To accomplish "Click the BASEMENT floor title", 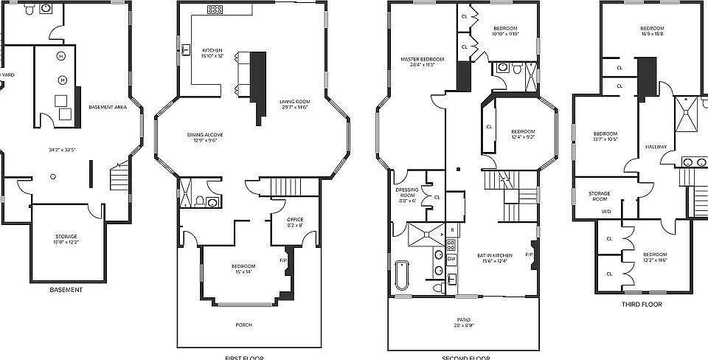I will coord(66,290).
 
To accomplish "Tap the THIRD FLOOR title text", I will coord(641,304).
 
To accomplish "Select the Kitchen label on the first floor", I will coord(212,51).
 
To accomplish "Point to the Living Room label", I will coord(294,102).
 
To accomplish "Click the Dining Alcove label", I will coord(205,134).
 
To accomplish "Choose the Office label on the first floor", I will coord(294,219).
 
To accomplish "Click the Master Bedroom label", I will coord(423,59).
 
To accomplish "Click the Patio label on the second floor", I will coord(463,319).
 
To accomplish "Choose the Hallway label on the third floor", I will coord(656,147).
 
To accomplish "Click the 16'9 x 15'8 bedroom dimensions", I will coord(651,34).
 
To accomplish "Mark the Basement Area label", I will coord(108,108).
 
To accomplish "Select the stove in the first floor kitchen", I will coord(215,10).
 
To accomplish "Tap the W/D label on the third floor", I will coord(606,212).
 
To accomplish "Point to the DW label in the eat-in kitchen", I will coord(451,259).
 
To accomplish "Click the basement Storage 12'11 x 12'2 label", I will coord(67,240).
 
